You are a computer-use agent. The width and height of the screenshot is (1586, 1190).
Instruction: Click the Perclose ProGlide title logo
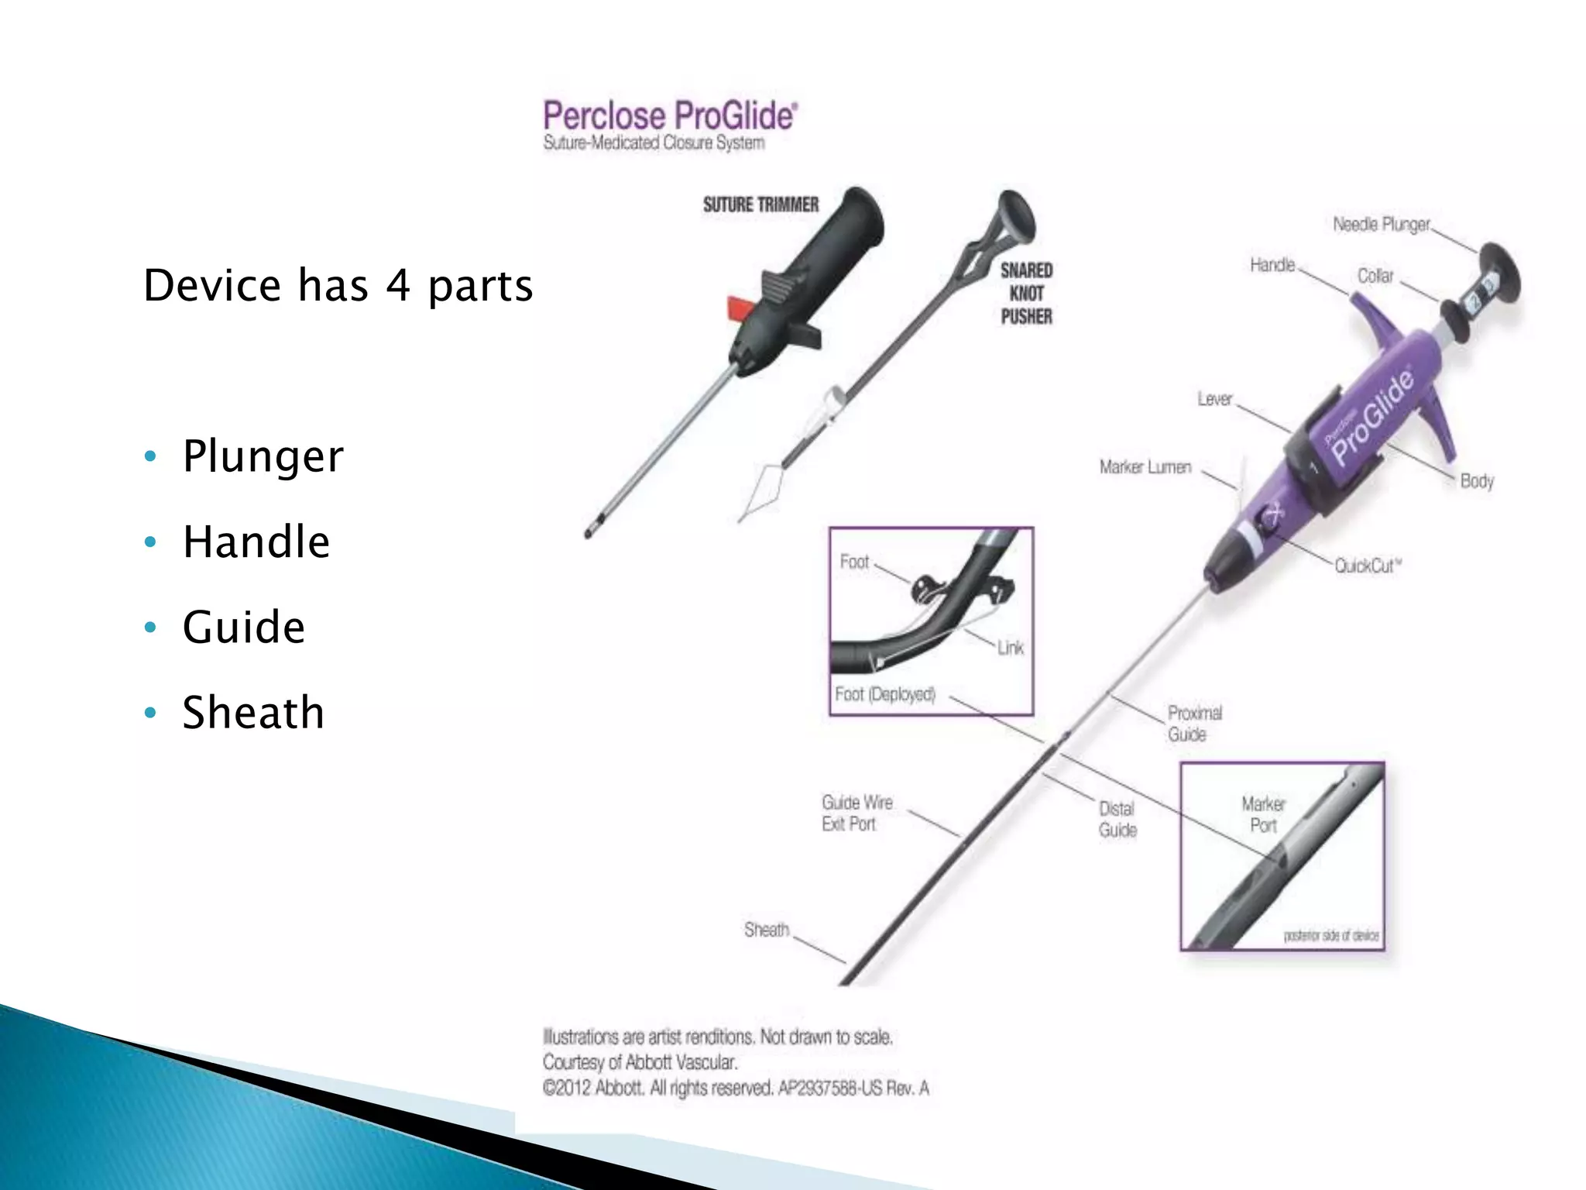point(670,116)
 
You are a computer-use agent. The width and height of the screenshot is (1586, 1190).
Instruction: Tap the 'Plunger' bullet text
point(263,456)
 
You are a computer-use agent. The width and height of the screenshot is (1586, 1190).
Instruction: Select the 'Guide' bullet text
point(243,627)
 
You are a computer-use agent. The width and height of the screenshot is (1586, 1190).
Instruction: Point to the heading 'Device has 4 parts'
point(338,285)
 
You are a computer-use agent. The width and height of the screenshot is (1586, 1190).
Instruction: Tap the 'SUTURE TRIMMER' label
point(760,205)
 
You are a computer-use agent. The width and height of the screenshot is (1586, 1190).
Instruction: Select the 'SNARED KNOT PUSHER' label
point(1026,294)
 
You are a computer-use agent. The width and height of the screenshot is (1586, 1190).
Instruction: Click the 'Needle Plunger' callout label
point(1381,225)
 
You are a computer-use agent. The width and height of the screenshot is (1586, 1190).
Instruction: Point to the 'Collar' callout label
point(1375,277)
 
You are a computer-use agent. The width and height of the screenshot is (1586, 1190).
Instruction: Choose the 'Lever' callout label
point(1214,399)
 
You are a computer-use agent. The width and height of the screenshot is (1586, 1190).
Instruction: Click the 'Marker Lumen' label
point(1145,467)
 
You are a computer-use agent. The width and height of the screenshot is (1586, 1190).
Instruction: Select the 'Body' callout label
point(1476,481)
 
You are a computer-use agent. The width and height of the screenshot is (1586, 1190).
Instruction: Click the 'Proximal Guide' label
point(1195,723)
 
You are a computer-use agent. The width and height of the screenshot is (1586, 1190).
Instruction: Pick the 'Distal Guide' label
point(1117,819)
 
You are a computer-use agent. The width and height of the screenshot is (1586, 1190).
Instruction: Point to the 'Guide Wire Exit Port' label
point(857,813)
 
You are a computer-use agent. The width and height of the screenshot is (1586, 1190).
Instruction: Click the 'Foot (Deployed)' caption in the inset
point(885,694)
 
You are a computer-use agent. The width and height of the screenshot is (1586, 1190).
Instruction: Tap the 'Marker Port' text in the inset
point(1263,814)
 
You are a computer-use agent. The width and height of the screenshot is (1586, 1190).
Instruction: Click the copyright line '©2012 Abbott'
point(735,1089)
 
